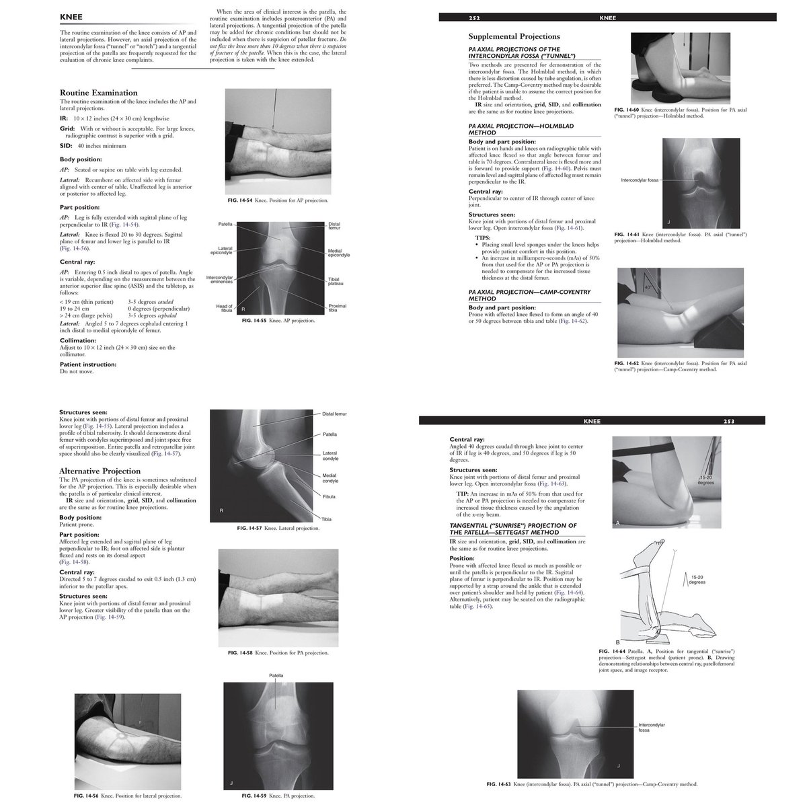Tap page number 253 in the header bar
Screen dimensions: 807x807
(x=728, y=422)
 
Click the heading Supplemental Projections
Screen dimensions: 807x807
(x=514, y=36)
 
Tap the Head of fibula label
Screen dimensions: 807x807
(x=224, y=308)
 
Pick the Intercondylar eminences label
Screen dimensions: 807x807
(x=219, y=280)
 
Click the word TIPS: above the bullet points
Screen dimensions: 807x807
(x=483, y=237)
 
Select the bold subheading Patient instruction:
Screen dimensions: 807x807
(x=87, y=364)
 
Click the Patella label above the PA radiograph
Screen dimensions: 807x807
(x=276, y=675)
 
